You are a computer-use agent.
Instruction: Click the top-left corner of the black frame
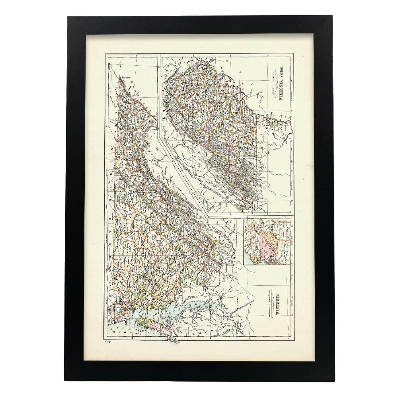[x=68, y=17]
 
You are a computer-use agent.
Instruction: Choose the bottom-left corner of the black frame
[x=68, y=381]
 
